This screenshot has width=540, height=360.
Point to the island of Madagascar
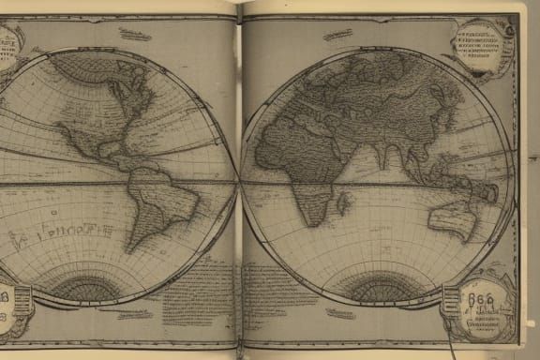point(343,202)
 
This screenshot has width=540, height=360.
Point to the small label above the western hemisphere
point(136,36)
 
